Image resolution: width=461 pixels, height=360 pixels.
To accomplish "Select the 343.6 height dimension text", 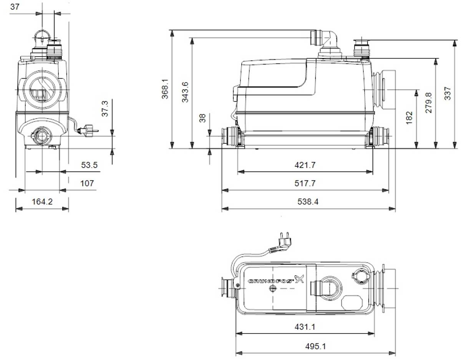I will click(x=185, y=92).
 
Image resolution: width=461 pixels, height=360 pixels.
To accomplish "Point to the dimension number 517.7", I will click(x=305, y=183).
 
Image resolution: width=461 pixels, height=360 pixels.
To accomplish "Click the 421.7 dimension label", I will click(x=305, y=165).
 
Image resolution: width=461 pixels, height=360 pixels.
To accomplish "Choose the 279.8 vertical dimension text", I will click(x=429, y=102).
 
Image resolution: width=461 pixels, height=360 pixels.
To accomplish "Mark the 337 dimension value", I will click(x=448, y=93).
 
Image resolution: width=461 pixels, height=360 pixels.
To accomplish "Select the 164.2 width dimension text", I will click(x=42, y=201).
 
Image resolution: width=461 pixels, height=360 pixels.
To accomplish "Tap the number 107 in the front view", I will click(x=87, y=183).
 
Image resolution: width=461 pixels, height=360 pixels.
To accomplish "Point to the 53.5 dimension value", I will click(x=89, y=165).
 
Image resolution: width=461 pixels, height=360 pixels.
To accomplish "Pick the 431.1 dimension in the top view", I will click(x=305, y=327).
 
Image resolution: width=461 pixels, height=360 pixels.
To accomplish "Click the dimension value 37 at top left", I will click(x=15, y=6).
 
